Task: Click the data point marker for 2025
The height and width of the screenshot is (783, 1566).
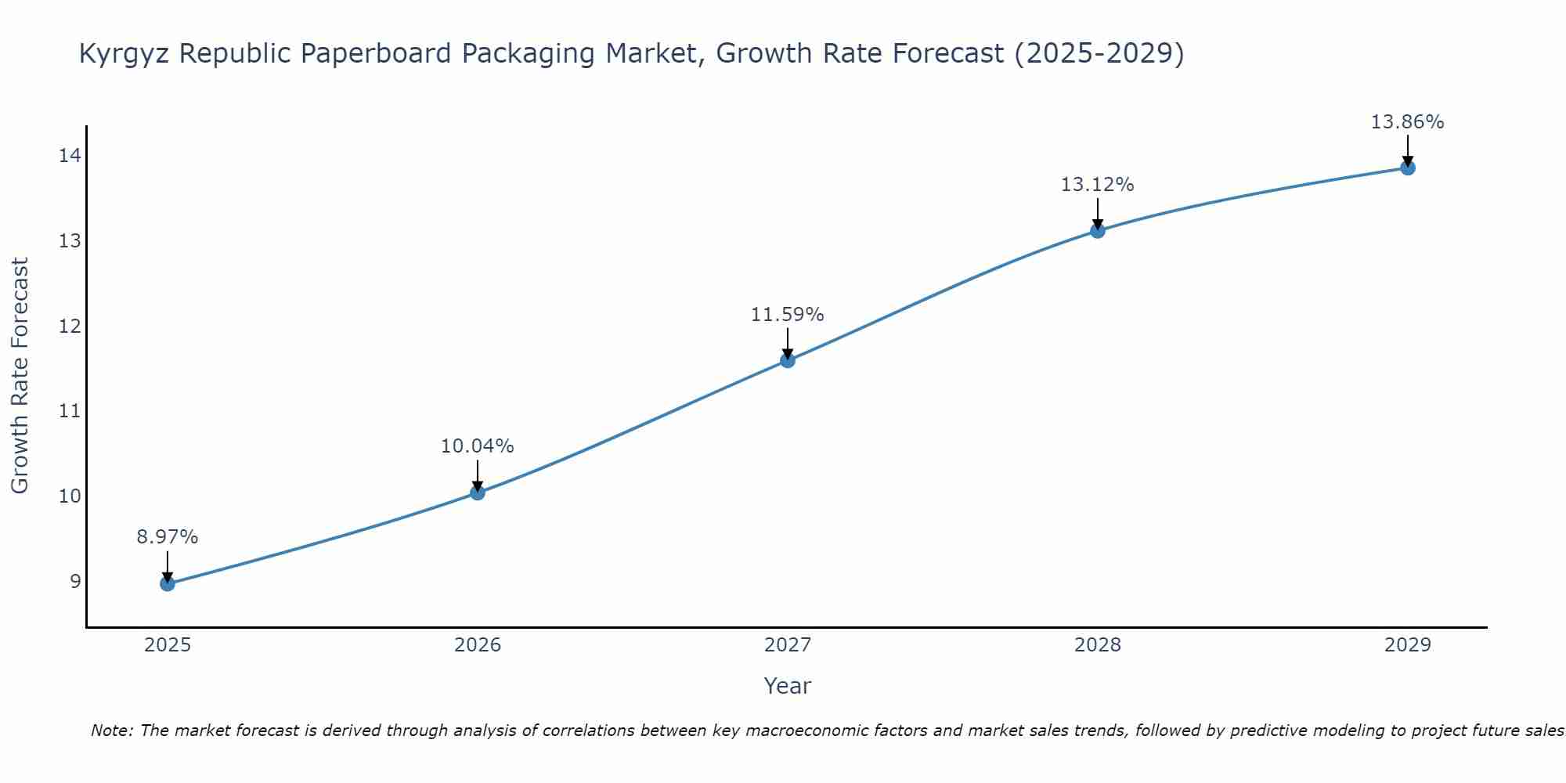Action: point(168,583)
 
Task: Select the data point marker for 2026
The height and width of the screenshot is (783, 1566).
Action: point(478,493)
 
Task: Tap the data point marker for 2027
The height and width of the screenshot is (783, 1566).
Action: point(788,360)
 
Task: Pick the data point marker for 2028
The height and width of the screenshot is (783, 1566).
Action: point(1098,230)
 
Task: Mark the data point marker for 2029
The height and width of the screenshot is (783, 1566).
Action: point(1408,168)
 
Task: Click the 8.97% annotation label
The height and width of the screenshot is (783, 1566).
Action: point(168,537)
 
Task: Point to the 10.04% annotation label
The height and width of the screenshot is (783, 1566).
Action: point(478,446)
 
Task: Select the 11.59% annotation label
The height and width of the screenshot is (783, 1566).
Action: point(788,315)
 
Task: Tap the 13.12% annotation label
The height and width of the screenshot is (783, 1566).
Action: point(1098,185)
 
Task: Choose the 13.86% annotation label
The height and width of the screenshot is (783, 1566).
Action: point(1408,122)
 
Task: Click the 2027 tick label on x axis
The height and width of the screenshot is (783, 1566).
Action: point(788,645)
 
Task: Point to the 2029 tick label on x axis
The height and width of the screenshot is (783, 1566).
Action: point(1408,645)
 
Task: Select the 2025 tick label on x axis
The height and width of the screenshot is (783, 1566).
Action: point(168,645)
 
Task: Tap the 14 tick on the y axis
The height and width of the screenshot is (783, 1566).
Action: point(70,156)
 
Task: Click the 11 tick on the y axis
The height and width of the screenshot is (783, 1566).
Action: point(70,411)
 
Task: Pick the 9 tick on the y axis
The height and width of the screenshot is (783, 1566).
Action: point(75,581)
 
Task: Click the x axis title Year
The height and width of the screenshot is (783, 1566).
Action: point(788,686)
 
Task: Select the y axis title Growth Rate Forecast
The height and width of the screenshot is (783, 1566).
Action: point(20,376)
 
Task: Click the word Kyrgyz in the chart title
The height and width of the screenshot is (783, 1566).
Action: point(124,54)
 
